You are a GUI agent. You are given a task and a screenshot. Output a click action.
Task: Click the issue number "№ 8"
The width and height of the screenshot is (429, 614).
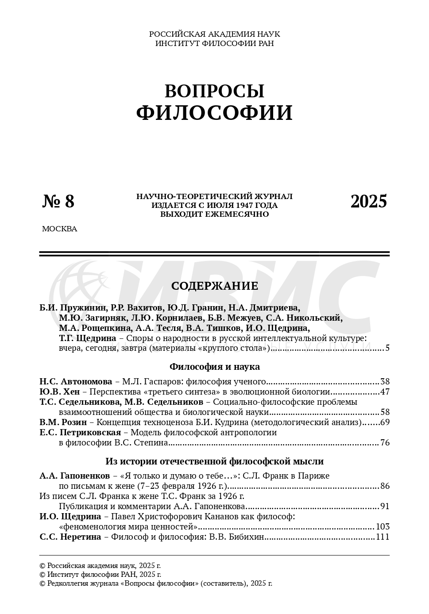click(58, 202)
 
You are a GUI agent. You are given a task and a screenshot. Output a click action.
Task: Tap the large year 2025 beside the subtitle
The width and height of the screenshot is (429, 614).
click(368, 202)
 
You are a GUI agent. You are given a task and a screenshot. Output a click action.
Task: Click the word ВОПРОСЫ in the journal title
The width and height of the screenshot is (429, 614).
click(214, 91)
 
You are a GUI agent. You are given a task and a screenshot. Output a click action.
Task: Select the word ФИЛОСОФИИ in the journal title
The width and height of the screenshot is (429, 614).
click(214, 113)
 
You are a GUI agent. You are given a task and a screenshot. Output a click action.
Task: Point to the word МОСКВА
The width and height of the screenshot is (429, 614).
click(59, 229)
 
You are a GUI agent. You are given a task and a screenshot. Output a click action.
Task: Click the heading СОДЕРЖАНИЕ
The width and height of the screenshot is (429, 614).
click(214, 286)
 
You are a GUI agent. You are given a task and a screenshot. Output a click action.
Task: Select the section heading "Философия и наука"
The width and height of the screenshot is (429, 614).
click(214, 367)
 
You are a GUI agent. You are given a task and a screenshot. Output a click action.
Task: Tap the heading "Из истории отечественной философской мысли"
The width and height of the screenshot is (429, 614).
click(214, 461)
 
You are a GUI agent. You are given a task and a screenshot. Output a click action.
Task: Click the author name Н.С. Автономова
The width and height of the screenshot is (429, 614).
click(76, 382)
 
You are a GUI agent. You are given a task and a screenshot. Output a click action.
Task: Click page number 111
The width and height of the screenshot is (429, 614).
click(382, 537)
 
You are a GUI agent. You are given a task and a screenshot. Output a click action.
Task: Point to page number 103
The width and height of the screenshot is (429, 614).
click(382, 527)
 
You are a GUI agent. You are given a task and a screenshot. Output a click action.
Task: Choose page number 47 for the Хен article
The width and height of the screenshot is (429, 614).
click(385, 392)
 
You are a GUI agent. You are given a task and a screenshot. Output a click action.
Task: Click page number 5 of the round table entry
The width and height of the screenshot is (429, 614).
click(387, 348)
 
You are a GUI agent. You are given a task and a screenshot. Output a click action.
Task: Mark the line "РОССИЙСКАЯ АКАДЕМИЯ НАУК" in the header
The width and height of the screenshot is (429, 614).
click(214, 34)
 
